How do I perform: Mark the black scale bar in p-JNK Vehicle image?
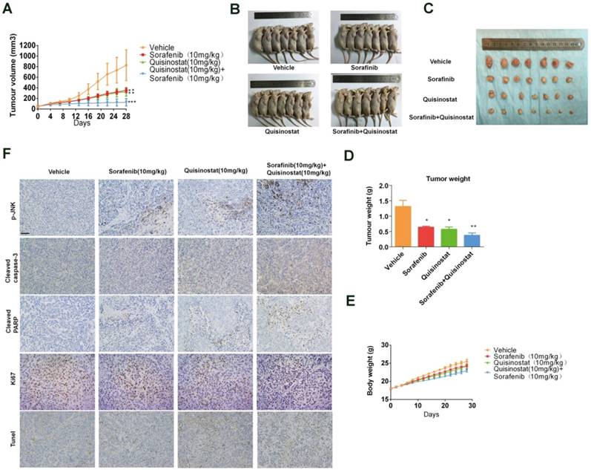25,233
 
